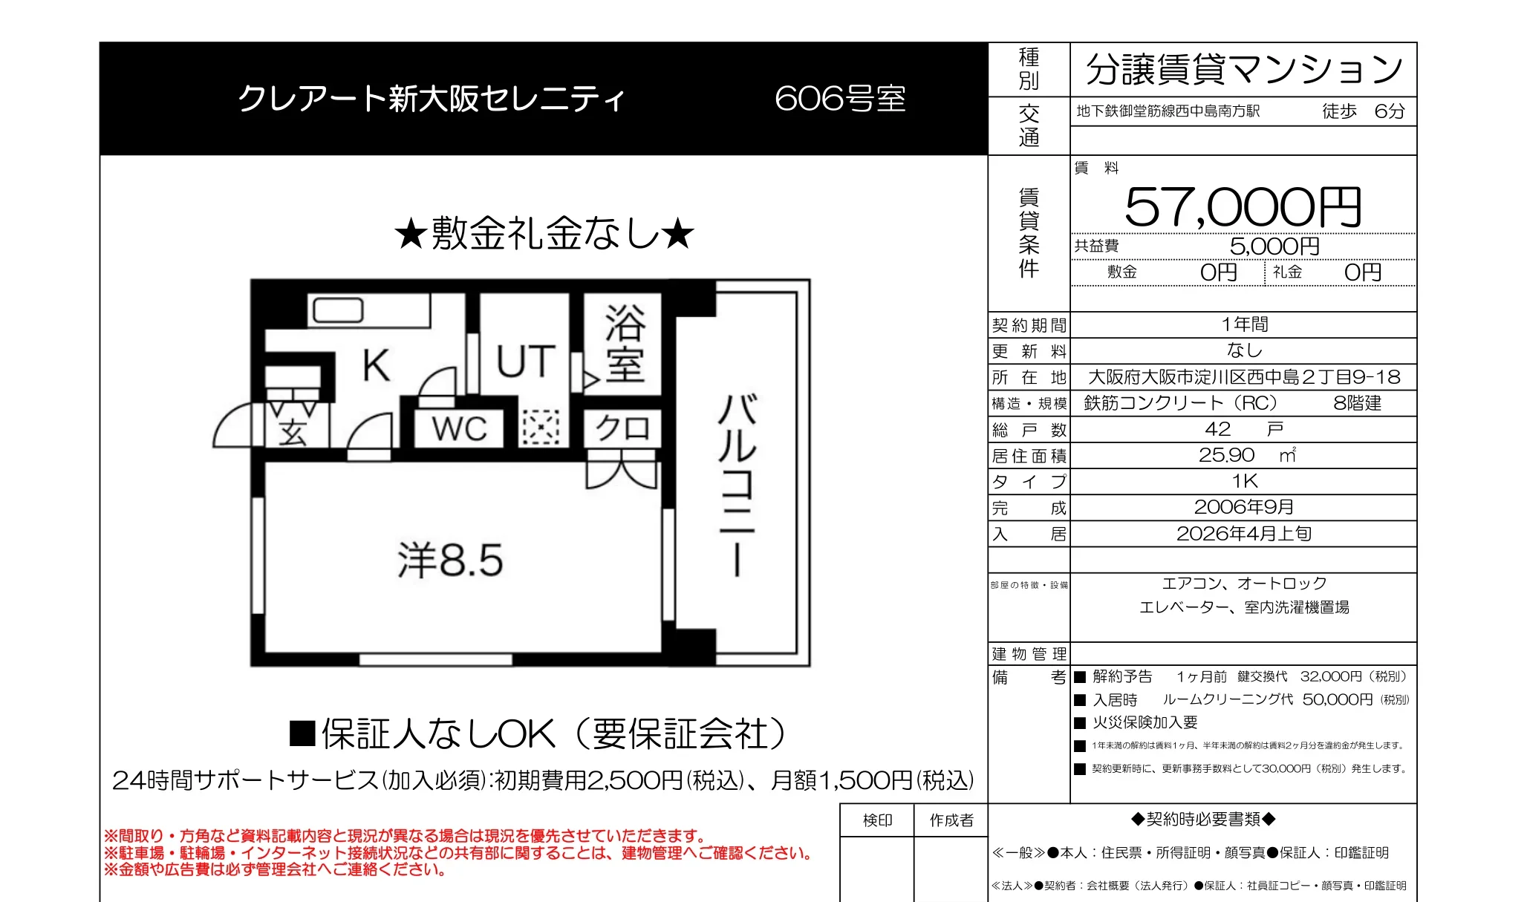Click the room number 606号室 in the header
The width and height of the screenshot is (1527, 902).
coord(840,99)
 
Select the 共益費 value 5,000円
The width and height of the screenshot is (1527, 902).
coord(1274,246)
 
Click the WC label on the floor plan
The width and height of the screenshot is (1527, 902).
coord(460,429)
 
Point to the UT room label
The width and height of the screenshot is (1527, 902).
coord(526,362)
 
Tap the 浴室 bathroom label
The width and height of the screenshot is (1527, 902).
coord(625,344)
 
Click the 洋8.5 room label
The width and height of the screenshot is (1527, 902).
coord(450,560)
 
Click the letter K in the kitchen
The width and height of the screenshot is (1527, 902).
coord(376,365)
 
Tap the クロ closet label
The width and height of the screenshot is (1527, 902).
coord(622,428)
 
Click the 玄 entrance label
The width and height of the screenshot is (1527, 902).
coord(293,432)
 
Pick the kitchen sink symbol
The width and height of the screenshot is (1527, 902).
coord(338,310)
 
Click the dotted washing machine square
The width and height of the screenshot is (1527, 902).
coord(541,428)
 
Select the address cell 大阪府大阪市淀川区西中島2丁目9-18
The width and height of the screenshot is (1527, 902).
coord(1244,377)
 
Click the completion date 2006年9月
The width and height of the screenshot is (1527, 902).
coord(1244,507)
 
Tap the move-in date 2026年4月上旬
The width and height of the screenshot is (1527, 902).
coord(1244,534)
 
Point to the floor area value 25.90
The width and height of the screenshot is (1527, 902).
coord(1226,455)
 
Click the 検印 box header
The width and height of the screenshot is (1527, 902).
coord(877,820)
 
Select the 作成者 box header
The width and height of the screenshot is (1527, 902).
coord(951,820)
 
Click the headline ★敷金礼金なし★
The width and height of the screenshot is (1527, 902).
coord(544,234)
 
